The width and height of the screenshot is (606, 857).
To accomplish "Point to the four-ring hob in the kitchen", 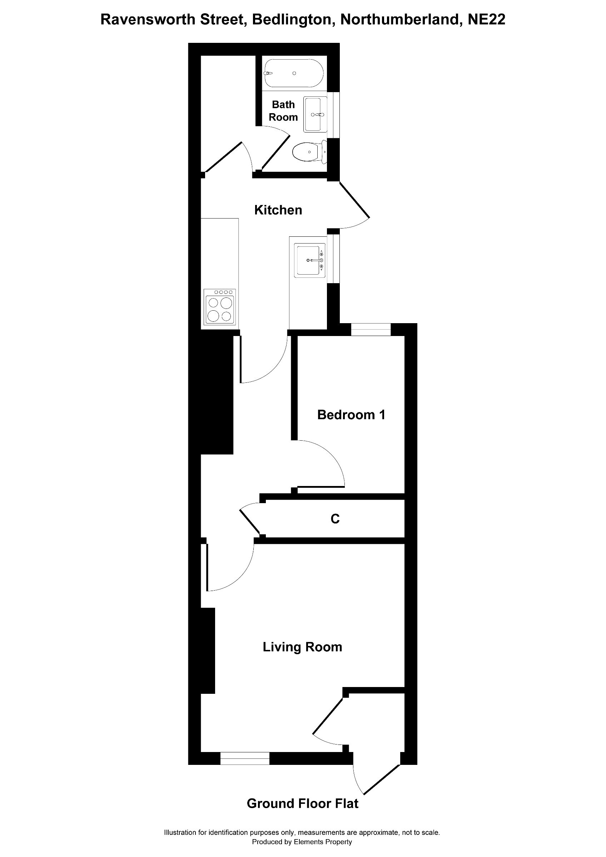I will coord(220,306).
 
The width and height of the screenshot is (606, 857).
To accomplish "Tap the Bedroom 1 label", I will coord(351,415).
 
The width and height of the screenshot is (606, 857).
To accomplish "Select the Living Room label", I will coord(302,647).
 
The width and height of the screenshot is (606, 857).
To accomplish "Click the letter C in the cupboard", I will coord(335,519).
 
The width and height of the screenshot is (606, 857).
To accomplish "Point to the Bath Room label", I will coord(283,111).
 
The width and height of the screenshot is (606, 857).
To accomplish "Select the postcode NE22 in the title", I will coord(487,19).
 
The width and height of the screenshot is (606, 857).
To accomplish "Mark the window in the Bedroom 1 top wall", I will coord(371,330).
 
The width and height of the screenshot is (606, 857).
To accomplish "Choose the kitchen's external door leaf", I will coord(354,200).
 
